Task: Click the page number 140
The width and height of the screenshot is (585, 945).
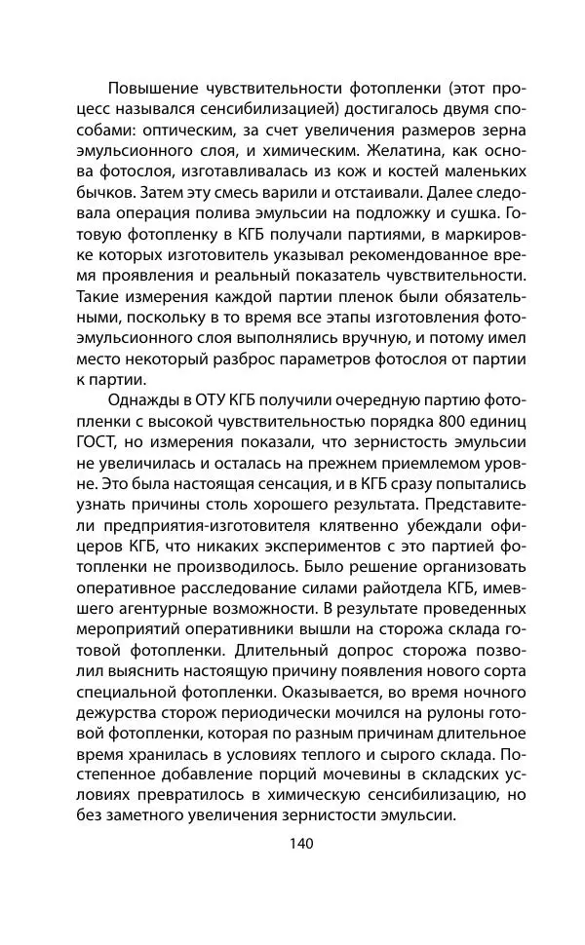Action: [292, 843]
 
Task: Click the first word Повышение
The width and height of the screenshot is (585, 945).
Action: [156, 87]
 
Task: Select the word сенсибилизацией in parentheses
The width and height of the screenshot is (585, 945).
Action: [263, 109]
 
